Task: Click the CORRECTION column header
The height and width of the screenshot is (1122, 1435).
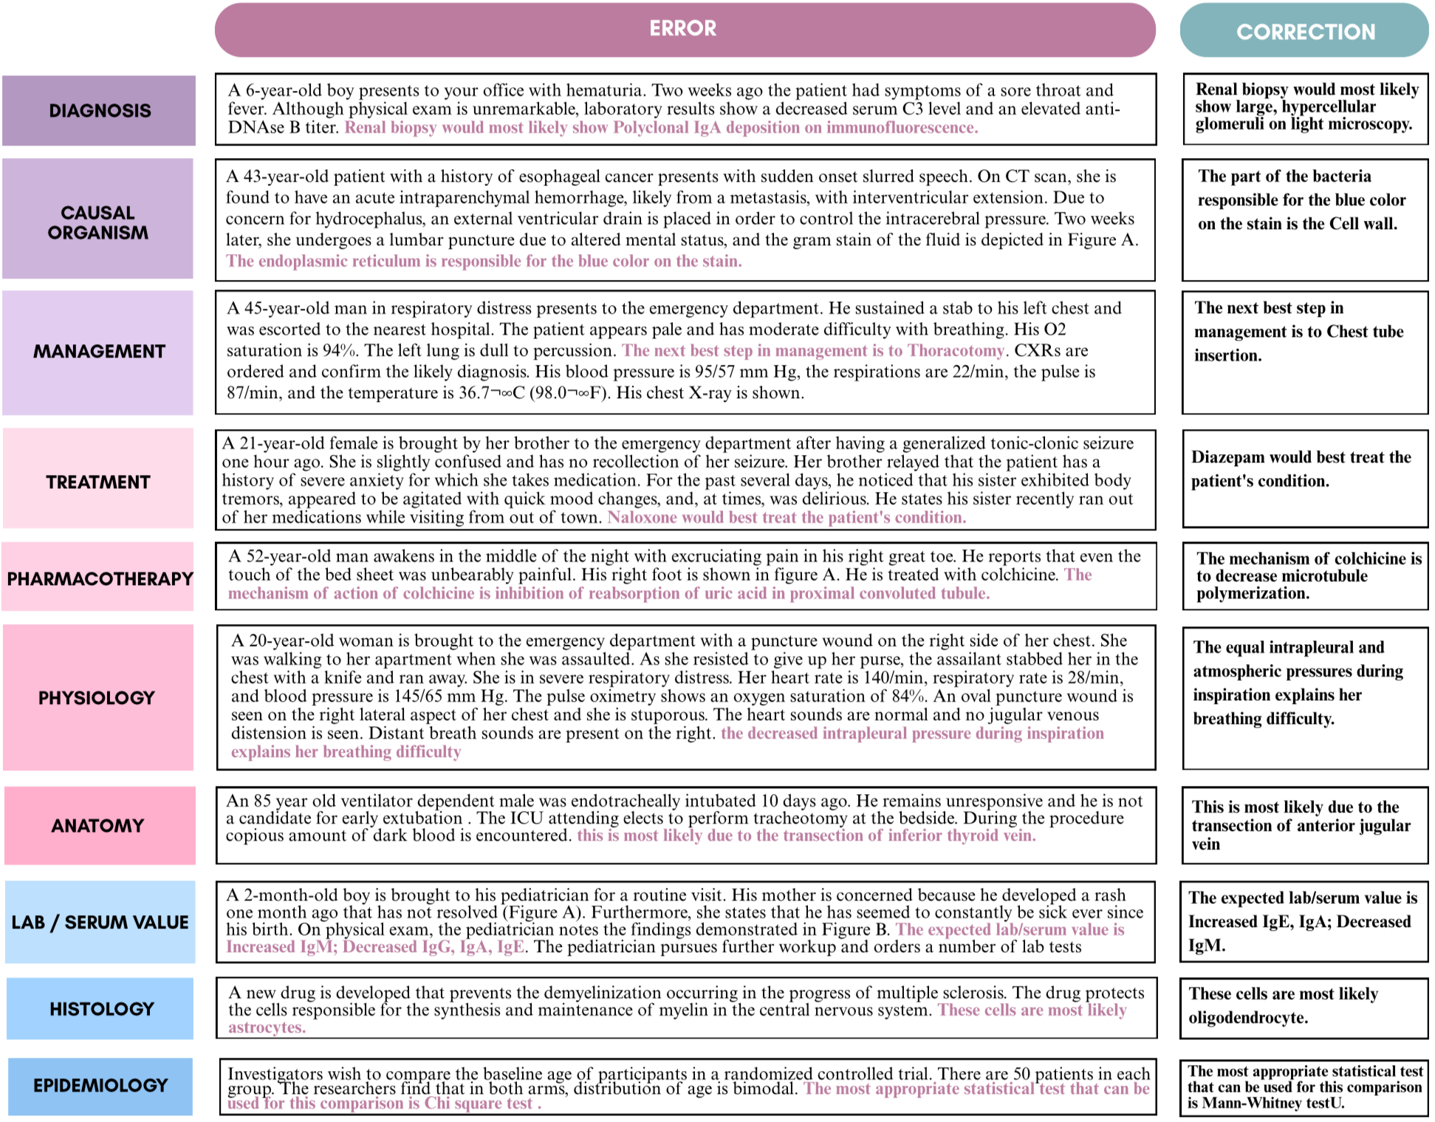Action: coord(1305,32)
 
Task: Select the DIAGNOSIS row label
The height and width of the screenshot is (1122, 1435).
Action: coord(100,111)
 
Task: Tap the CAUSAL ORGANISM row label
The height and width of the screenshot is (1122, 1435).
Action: coord(97,222)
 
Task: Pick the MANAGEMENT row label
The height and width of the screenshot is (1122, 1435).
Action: coord(99,352)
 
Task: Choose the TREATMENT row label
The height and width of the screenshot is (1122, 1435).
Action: coord(98,482)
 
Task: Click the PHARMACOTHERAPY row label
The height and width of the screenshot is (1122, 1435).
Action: coord(100,578)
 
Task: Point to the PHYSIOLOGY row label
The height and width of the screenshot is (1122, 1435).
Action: coord(97,698)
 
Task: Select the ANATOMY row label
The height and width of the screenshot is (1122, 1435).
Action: coord(97,826)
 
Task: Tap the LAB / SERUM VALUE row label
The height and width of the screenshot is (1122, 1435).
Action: coord(100,923)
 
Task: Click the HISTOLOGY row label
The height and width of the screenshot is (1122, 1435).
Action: coord(101,1009)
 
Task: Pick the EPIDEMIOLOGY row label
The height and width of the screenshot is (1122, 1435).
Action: coord(100,1086)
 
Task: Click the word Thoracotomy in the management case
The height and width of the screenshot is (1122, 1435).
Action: coord(956,351)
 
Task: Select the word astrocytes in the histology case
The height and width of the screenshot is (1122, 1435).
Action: coord(265,1027)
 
